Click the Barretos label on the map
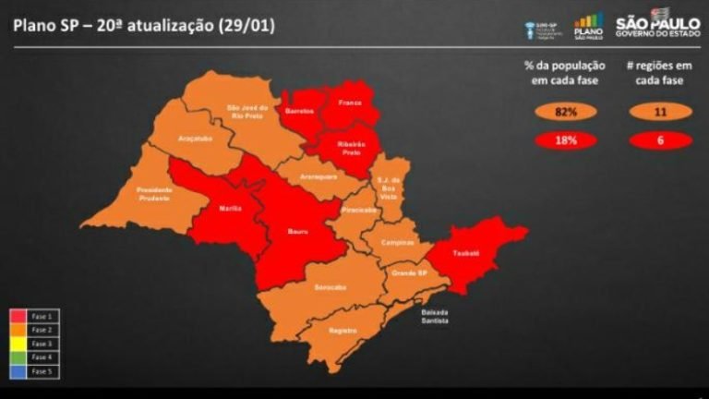pyautogui.click(x=299, y=110)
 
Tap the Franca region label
pyautogui.click(x=349, y=103)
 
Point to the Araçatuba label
pyautogui.click(x=194, y=139)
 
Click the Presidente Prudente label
pyautogui.click(x=154, y=194)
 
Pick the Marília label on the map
pyautogui.click(x=231, y=208)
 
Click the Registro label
pyautogui.click(x=342, y=330)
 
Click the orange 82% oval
pyautogui.click(x=565, y=113)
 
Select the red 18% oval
pyautogui.click(x=565, y=140)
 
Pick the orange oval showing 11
pyautogui.click(x=659, y=113)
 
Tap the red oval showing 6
pyautogui.click(x=659, y=140)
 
